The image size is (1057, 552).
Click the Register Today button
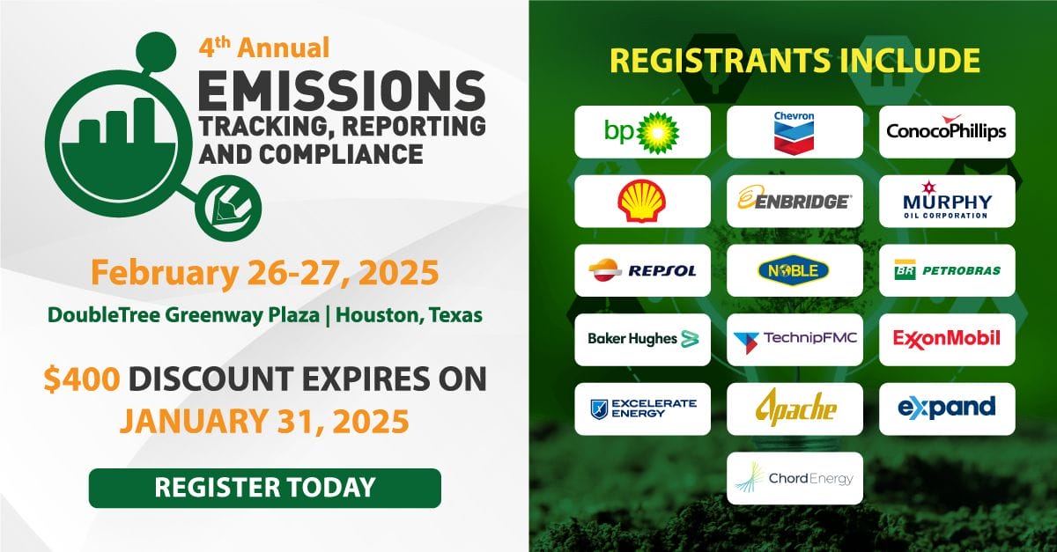click(x=265, y=488)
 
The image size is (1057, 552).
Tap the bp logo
click(x=642, y=132)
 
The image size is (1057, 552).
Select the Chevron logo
click(x=795, y=132)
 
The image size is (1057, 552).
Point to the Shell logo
click(x=642, y=201)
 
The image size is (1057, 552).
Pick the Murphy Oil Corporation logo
click(x=947, y=201)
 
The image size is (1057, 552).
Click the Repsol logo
click(x=642, y=270)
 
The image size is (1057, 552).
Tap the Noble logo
click(x=795, y=270)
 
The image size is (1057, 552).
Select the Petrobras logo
click(x=947, y=270)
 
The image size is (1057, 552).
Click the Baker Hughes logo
click(x=642, y=339)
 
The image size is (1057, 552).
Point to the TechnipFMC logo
click(x=795, y=339)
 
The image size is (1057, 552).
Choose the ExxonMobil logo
click(x=947, y=339)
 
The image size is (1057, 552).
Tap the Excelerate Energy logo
click(x=642, y=408)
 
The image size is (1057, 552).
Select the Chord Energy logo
click(x=795, y=478)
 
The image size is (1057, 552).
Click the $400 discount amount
click(x=82, y=379)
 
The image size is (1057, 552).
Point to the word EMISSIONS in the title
click(x=342, y=91)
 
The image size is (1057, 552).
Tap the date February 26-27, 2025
click(x=265, y=273)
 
